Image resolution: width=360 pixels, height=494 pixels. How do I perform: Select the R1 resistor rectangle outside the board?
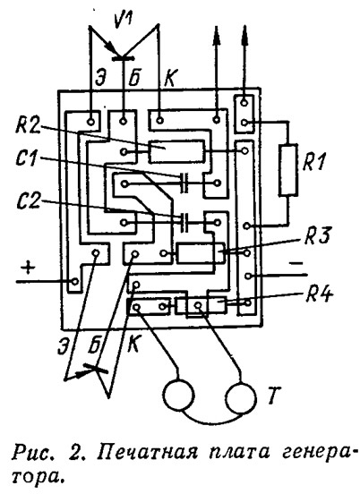(288, 170)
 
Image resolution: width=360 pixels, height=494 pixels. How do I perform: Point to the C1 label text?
(29, 159)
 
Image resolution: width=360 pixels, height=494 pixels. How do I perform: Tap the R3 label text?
(317, 236)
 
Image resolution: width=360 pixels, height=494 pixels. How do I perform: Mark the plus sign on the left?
(29, 268)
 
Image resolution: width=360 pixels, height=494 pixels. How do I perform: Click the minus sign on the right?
(296, 263)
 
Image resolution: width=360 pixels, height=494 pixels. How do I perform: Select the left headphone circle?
(178, 394)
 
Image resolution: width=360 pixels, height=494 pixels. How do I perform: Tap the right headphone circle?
(241, 396)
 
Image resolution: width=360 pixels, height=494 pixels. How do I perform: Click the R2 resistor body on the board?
(176, 152)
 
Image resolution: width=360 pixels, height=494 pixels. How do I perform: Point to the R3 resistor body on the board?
(200, 253)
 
